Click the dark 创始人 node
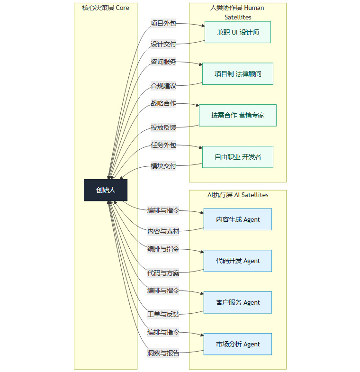click(x=106, y=190)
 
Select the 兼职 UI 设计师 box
click(x=237, y=32)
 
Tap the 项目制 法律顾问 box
click(x=237, y=74)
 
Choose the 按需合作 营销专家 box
click(x=237, y=115)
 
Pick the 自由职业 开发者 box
click(x=237, y=157)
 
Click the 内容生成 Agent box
click(x=237, y=219)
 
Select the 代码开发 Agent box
click(x=237, y=261)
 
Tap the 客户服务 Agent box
click(x=237, y=302)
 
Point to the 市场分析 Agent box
click(x=237, y=344)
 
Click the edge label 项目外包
click(x=163, y=23)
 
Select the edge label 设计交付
click(x=163, y=44)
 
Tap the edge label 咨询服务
click(x=163, y=62)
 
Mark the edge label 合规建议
click(x=163, y=86)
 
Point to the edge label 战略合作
click(x=163, y=103)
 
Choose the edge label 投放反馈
click(x=163, y=127)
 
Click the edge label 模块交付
click(x=163, y=166)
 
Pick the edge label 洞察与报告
click(x=163, y=353)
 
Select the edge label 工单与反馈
click(x=163, y=314)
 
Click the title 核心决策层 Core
click(x=106, y=8)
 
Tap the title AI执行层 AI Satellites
click(x=238, y=195)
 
